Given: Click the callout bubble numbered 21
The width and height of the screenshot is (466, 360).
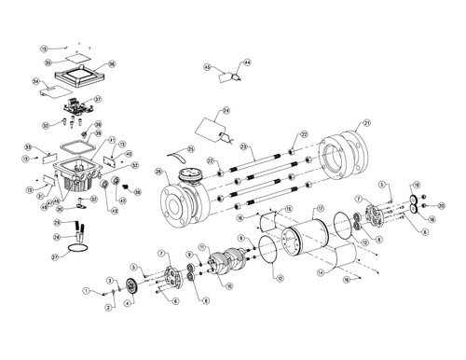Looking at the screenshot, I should click(366, 123).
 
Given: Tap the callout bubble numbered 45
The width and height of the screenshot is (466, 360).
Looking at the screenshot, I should click(208, 66).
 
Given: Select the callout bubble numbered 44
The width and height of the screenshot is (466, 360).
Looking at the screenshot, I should click(247, 62).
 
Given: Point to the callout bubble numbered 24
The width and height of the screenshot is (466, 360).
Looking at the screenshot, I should click(226, 111).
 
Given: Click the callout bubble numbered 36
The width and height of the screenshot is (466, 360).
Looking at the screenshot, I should click(111, 64).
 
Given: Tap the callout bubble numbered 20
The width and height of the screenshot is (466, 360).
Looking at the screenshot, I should click(442, 204).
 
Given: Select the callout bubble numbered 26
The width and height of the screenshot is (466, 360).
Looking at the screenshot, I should click(158, 171).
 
